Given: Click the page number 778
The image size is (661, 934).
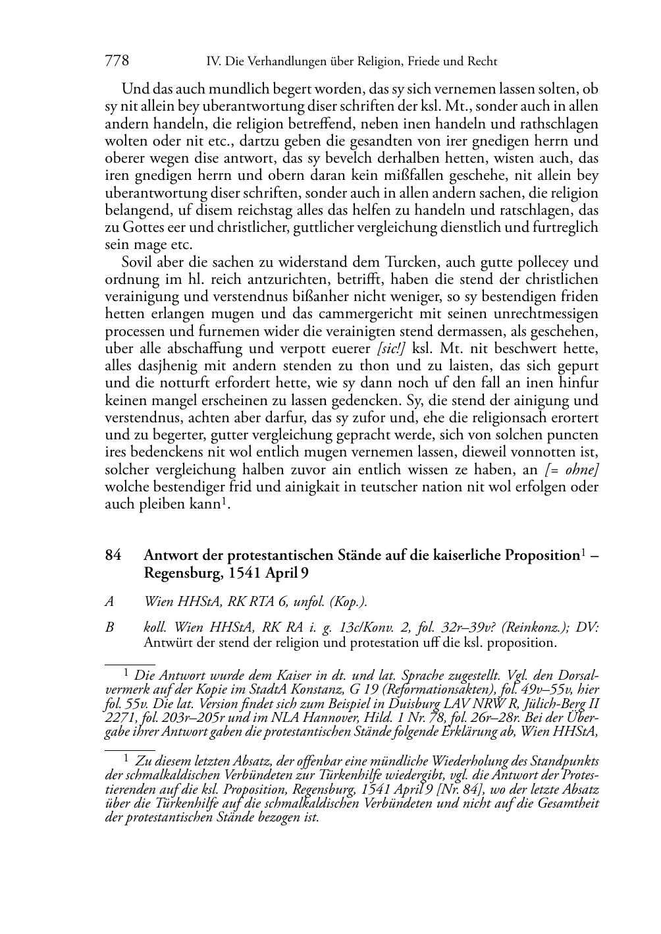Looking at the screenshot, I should pyautogui.click(x=117, y=61).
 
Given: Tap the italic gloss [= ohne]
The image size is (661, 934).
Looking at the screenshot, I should pyautogui.click(x=571, y=470).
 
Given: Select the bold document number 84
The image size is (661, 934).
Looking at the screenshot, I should pyautogui.click(x=113, y=555).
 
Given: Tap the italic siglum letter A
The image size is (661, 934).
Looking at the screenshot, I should pyautogui.click(x=109, y=601).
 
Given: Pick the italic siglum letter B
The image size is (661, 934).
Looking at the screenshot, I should pyautogui.click(x=109, y=628).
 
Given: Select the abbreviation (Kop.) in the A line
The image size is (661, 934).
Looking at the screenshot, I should pyautogui.click(x=348, y=601).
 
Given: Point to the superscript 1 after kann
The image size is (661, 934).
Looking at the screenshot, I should pyautogui.click(x=225, y=502).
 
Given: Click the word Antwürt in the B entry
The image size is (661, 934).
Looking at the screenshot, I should pyautogui.click(x=167, y=643).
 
